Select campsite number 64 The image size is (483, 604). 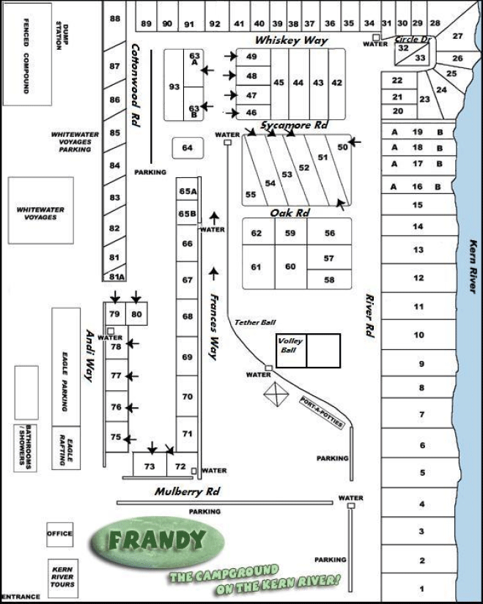coord(188,149)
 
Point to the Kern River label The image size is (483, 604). coord(473,266)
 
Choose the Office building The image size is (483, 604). coord(60,534)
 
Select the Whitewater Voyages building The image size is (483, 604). coord(41,212)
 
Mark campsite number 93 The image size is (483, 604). coord(174,87)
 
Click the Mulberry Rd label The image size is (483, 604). coord(187,491)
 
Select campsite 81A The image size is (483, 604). coord(116,277)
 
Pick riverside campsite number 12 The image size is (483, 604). coord(419,278)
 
